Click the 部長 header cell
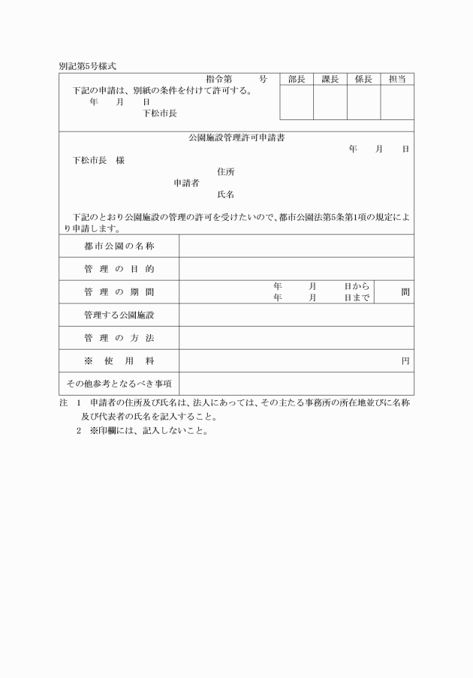(x=297, y=79)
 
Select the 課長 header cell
(x=330, y=79)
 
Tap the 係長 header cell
(x=363, y=79)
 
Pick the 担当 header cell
(x=397, y=79)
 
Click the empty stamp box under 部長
(x=297, y=102)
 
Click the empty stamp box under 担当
(x=397, y=102)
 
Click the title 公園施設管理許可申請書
(x=236, y=138)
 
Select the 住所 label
(x=225, y=172)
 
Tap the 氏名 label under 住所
(x=225, y=194)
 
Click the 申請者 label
(x=186, y=183)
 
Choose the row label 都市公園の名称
(x=119, y=246)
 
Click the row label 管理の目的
(x=119, y=269)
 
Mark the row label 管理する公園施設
(x=119, y=315)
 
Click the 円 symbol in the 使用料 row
(x=405, y=361)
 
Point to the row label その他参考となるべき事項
(x=119, y=384)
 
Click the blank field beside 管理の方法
(x=296, y=338)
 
